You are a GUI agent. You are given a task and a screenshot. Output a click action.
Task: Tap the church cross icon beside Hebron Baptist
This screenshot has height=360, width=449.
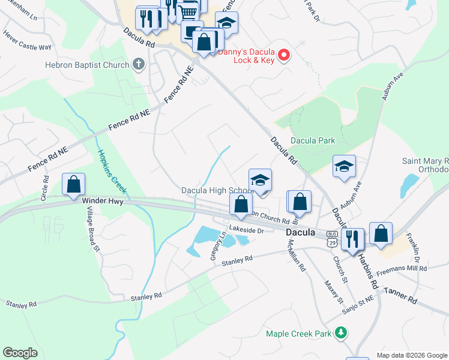[139, 65]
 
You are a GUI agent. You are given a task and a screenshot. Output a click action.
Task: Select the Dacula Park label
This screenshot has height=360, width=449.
[312, 140]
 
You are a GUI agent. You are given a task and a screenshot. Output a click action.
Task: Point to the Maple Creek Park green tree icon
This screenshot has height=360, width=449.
[341, 332]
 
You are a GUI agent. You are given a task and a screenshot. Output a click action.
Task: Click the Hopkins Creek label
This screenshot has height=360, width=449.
[112, 172]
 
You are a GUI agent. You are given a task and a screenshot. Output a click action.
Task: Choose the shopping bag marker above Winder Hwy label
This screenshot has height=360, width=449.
[73, 184]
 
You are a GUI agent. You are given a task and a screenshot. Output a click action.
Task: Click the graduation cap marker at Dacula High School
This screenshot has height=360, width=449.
[260, 180]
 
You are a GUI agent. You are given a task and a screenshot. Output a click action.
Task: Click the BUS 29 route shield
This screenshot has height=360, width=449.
[332, 237]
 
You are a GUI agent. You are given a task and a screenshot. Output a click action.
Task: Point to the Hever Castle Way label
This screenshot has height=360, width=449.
[27, 46]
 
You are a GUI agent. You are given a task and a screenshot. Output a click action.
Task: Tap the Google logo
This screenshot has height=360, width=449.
[20, 353]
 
